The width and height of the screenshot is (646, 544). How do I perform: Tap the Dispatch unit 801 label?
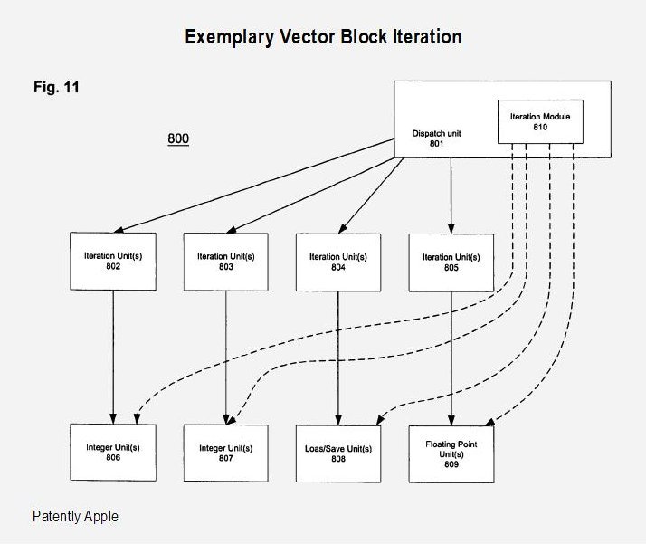[436, 138]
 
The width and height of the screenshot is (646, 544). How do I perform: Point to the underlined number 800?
[178, 138]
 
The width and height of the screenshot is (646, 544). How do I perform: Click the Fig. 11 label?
[56, 87]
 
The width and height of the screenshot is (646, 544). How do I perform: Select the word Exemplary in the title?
[229, 37]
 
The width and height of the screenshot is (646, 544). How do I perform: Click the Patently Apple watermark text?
[75, 517]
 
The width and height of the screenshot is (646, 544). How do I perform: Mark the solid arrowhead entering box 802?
[119, 230]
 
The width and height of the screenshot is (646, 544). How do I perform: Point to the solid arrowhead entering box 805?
[451, 229]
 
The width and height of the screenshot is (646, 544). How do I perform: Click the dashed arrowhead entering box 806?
[138, 419]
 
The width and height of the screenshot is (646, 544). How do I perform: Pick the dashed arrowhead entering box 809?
[489, 422]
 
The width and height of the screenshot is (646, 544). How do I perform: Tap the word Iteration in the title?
[427, 37]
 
